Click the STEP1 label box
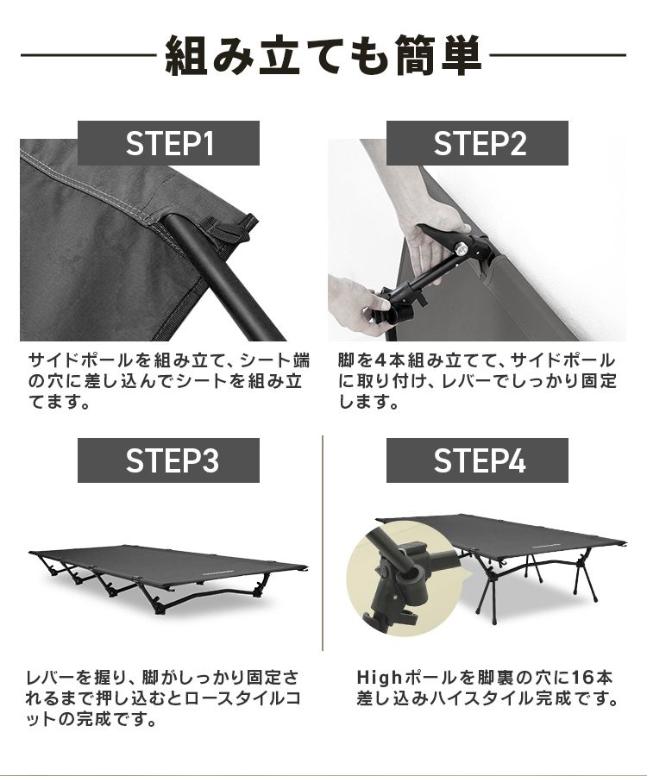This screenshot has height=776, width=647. [168, 143]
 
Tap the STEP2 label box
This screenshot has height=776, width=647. [477, 143]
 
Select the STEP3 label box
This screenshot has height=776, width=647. [168, 460]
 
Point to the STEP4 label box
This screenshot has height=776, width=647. [477, 460]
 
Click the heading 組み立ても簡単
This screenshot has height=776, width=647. [323, 55]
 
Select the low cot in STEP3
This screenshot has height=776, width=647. [168, 577]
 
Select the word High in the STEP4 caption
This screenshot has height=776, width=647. [380, 677]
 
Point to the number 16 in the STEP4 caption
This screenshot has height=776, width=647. [582, 677]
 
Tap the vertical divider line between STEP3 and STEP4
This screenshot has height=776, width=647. [323, 543]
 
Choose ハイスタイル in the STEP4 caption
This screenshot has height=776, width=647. [470, 698]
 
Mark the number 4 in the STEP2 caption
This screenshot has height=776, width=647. [380, 360]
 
